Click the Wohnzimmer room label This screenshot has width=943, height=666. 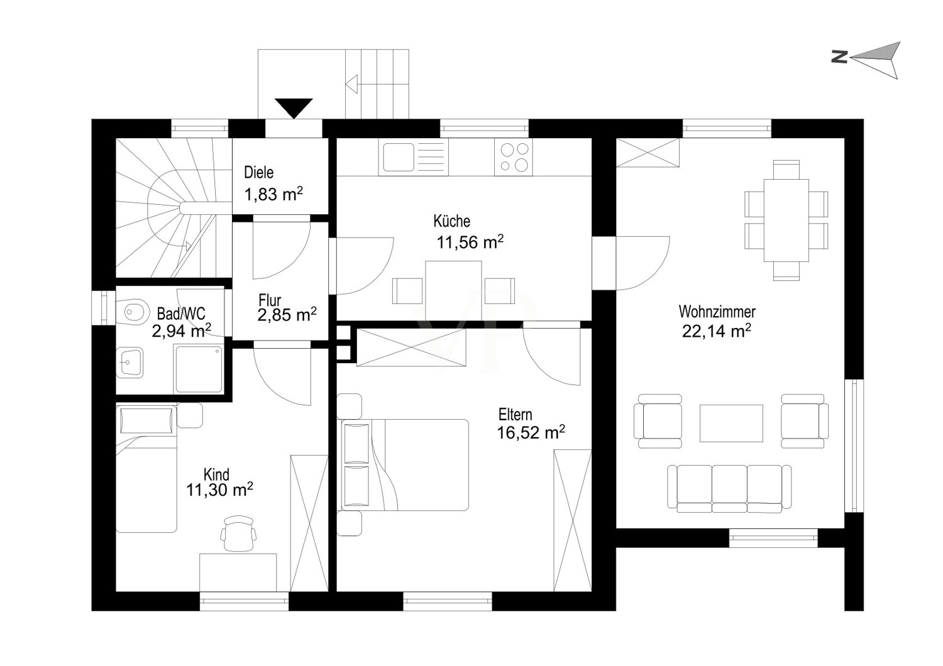pos(717,312)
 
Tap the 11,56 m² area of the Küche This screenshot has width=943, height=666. pos(470,243)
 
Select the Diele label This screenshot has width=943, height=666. pos(258,173)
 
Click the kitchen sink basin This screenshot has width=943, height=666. pos(398,157)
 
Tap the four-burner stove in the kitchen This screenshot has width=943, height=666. pos(513,157)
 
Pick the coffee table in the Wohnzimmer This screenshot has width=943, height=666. pos(731,423)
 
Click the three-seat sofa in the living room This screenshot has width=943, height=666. pos(729,488)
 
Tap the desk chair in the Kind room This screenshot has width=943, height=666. pos(238,534)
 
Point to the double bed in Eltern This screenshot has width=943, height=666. pos(405,465)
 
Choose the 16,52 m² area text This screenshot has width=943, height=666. pos(531,432)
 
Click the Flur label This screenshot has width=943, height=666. pos(270,300)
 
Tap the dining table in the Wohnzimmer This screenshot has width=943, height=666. pos(786,221)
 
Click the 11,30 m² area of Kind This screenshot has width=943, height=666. pos(219,489)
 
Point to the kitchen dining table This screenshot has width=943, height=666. pos(453,291)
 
